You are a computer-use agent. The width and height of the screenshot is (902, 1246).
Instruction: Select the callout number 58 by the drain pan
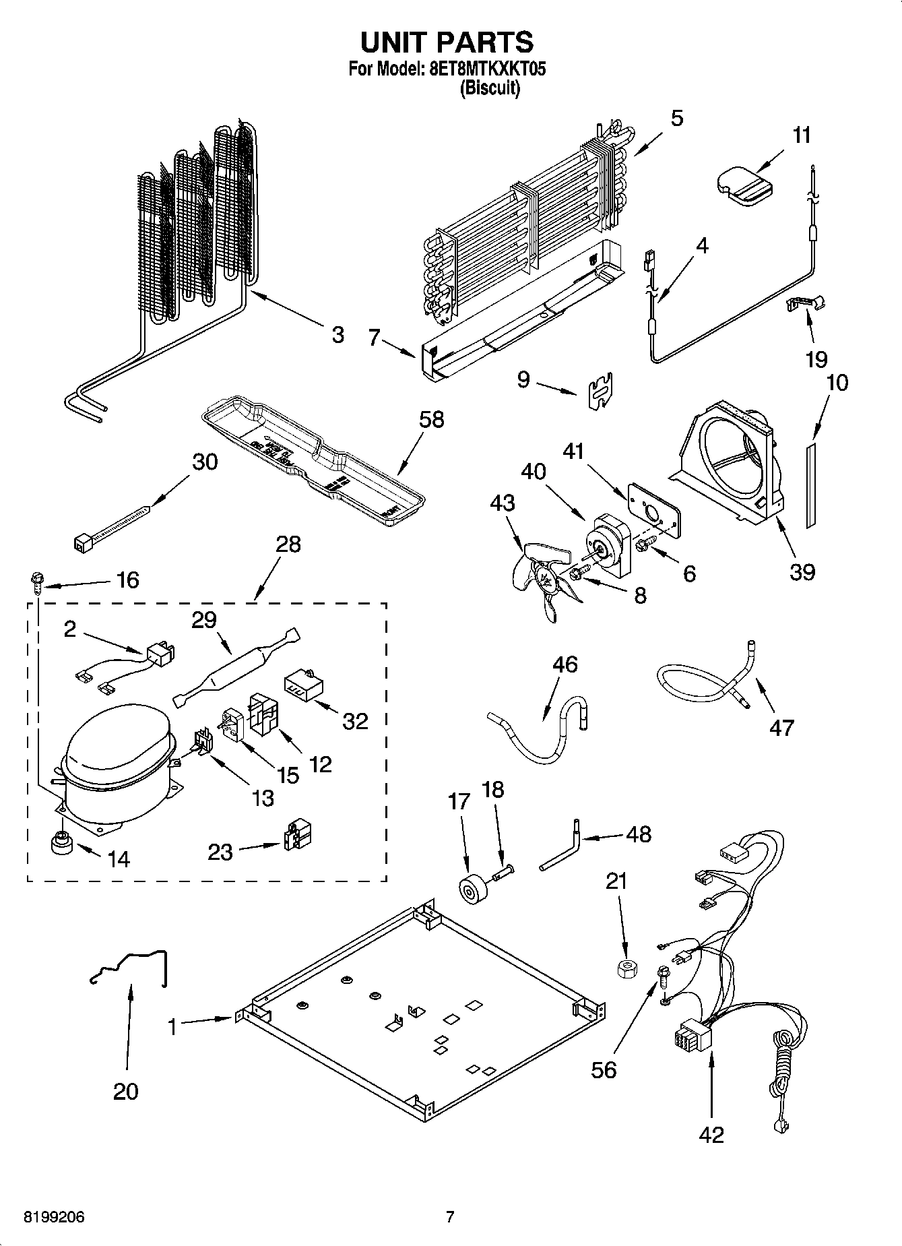[x=431, y=419]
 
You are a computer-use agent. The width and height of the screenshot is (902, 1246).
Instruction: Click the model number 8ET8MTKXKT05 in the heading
[x=487, y=68]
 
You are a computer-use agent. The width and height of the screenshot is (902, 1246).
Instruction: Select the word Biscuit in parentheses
[x=490, y=88]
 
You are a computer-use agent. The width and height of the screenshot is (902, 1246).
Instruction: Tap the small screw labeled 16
[x=37, y=580]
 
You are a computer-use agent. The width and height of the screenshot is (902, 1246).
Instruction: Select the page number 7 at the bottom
[x=450, y=1216]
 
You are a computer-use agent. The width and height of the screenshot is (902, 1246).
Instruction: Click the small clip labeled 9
[x=600, y=391]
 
